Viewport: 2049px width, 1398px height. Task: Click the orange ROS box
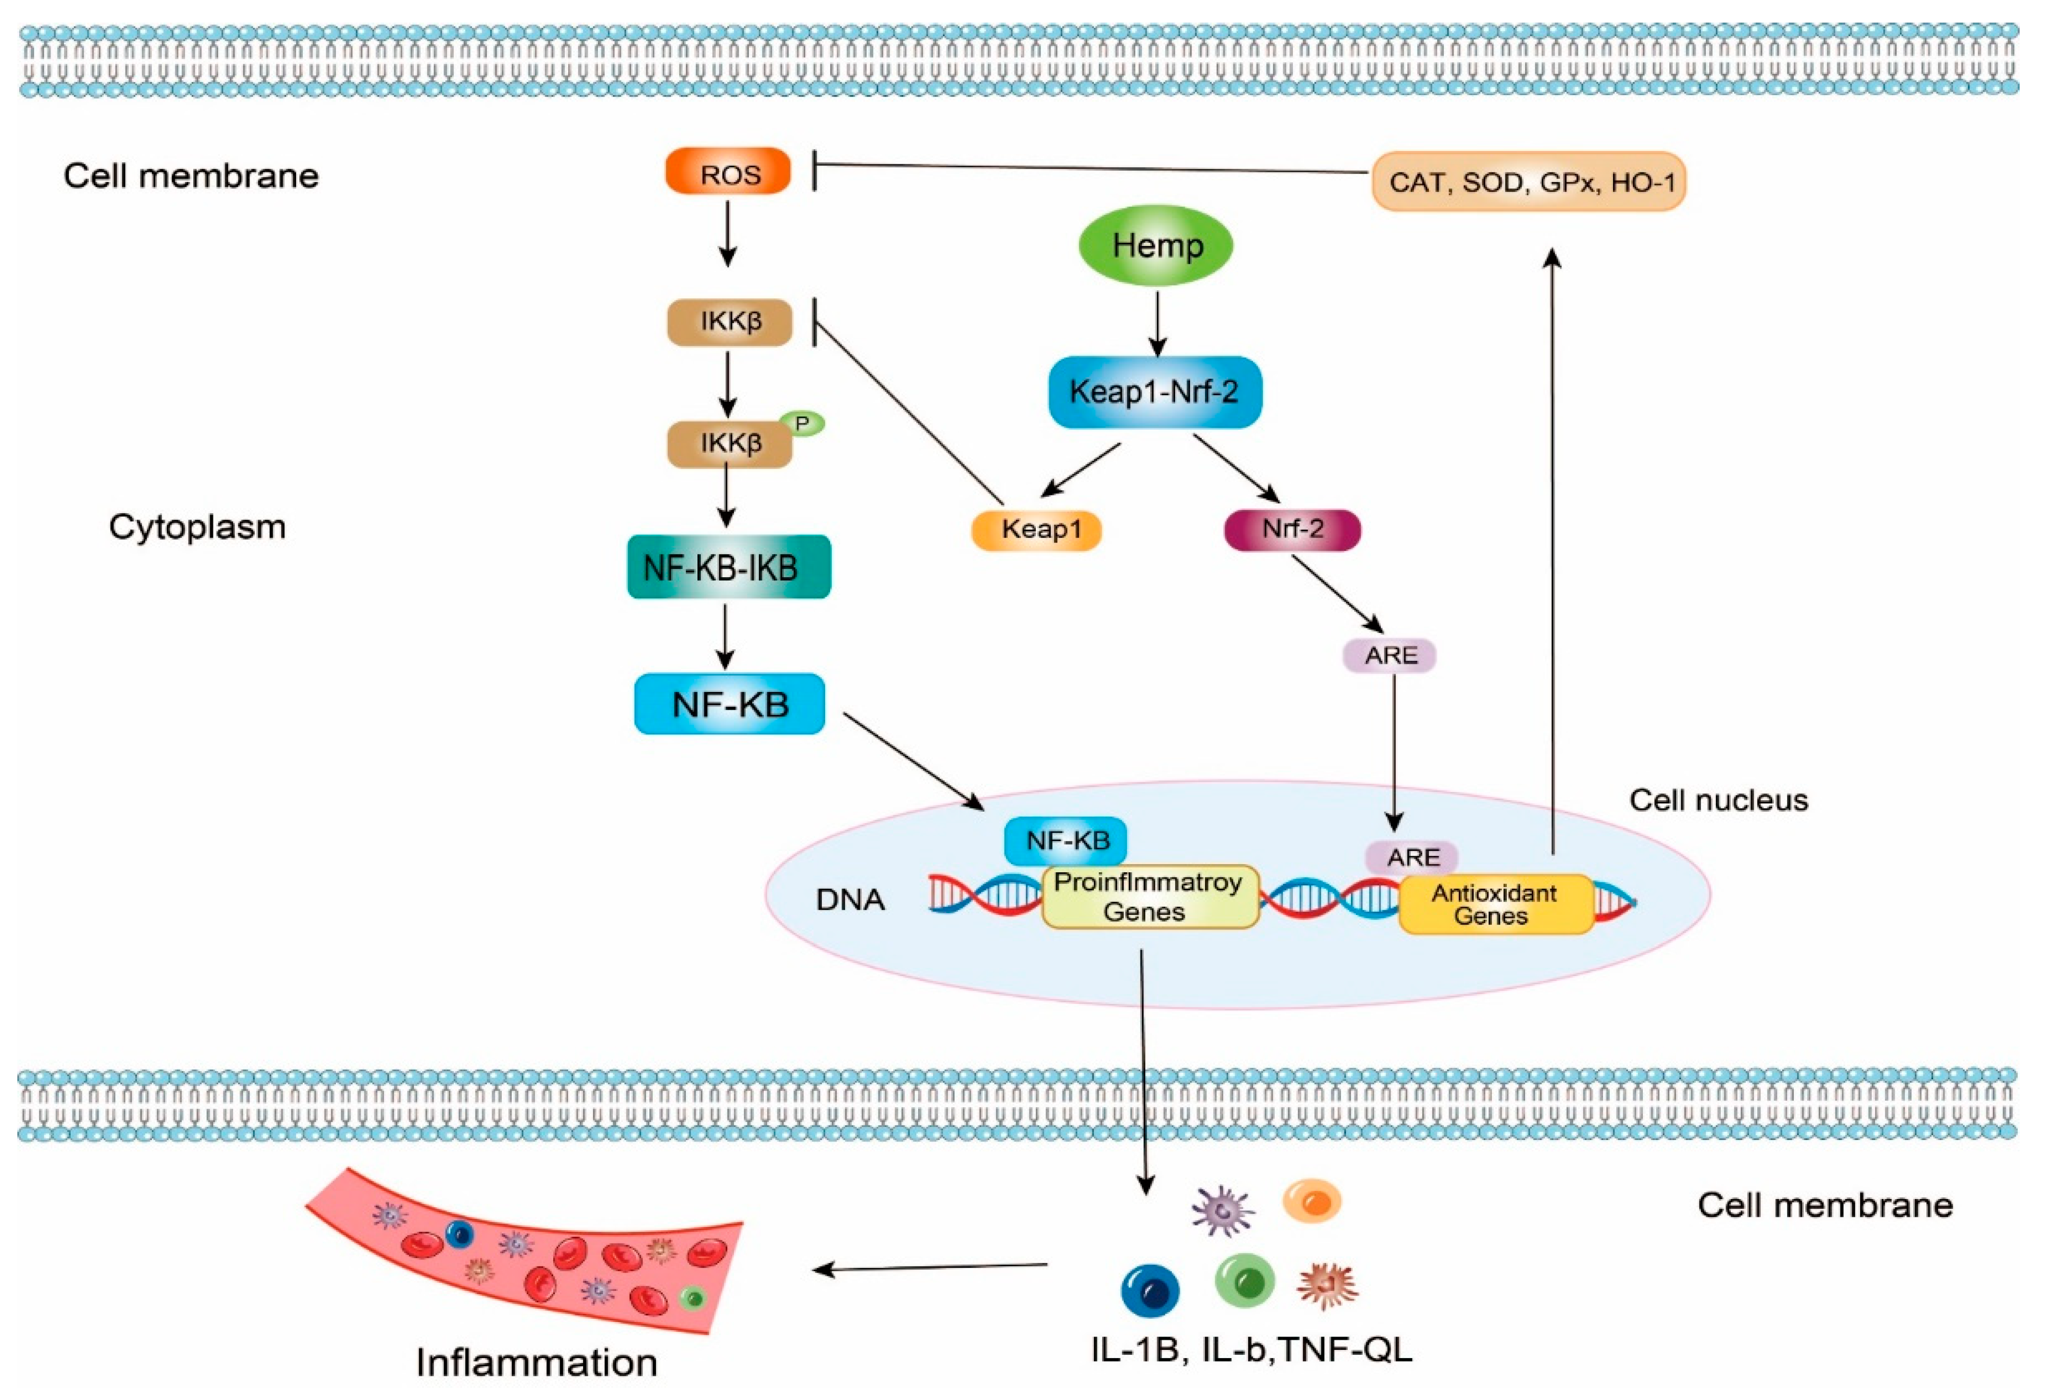728,172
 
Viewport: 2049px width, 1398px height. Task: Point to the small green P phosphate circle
801,424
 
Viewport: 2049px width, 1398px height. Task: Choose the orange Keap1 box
1037,530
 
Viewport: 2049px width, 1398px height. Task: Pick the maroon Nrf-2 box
1292,530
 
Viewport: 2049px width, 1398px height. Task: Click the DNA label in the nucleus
850,900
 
